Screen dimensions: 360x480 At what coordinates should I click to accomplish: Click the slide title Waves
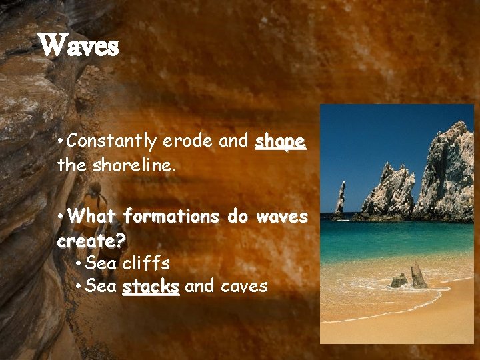(x=79, y=46)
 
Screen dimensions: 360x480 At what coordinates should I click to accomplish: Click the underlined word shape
(x=280, y=142)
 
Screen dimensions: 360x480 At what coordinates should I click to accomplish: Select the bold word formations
(x=171, y=217)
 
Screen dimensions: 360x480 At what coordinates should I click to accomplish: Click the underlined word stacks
(x=151, y=287)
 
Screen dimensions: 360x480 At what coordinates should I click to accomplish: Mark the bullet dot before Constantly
(x=61, y=142)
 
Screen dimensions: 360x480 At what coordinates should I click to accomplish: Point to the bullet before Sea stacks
(x=79, y=287)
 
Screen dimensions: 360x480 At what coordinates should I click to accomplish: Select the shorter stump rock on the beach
(x=398, y=280)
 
